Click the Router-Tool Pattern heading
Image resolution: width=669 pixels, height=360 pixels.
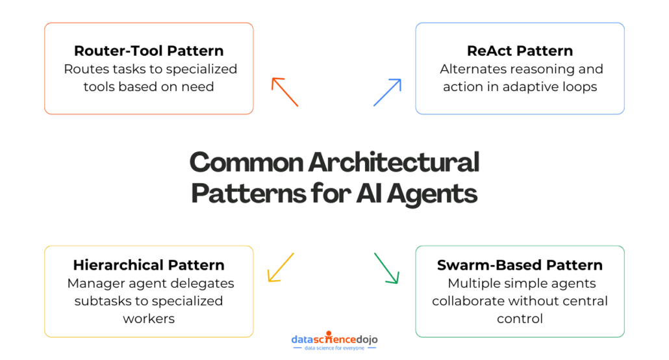[149, 51]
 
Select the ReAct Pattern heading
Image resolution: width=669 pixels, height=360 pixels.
[520, 51]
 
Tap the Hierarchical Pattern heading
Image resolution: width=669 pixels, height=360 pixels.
[149, 265]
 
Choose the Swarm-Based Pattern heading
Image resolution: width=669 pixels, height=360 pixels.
[520, 265]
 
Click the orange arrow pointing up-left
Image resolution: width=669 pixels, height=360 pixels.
[284, 92]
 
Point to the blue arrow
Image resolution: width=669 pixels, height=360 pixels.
[387, 92]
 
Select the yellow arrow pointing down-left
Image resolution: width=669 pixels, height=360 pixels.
[281, 267]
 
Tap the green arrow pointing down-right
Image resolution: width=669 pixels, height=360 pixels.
[386, 268]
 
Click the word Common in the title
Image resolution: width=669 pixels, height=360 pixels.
[245, 162]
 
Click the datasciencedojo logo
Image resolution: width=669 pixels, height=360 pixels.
[334, 339]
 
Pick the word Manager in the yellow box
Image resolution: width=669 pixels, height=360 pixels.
[93, 283]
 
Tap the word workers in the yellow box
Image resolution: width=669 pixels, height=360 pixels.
[149, 319]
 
